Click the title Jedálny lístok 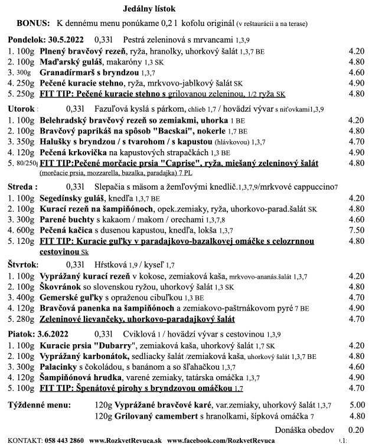149,9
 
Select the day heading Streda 19,187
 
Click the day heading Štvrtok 22,265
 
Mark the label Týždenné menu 38,406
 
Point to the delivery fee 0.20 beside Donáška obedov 356,430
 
